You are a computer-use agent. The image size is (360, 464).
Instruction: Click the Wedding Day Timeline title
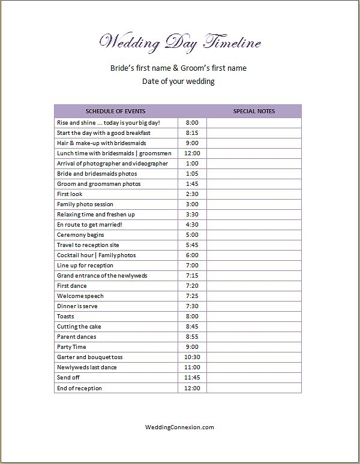[x=180, y=43]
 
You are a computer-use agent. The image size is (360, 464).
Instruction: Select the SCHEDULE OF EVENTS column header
[x=115, y=111]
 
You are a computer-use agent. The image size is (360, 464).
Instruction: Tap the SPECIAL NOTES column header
[x=254, y=111]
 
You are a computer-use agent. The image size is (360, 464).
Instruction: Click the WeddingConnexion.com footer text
[x=180, y=427]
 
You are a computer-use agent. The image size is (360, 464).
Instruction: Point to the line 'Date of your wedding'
[x=178, y=81]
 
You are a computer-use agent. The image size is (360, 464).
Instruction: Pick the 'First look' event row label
[x=70, y=194]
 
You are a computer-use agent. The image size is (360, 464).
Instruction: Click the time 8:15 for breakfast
[x=192, y=132]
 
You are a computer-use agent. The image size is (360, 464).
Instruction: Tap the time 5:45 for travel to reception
[x=192, y=245]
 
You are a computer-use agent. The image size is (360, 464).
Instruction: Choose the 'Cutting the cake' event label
[x=80, y=327]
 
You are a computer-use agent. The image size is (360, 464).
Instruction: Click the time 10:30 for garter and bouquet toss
[x=192, y=357]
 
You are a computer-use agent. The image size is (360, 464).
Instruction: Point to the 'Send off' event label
[x=68, y=378]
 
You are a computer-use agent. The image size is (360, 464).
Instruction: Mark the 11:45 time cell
[x=192, y=378]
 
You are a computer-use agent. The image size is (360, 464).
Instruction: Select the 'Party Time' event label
[x=71, y=347]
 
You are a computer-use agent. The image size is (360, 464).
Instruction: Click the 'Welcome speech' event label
[x=80, y=296]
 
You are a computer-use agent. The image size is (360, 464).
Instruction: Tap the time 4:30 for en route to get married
[x=192, y=225]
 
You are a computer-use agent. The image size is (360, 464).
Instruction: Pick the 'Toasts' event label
[x=65, y=317]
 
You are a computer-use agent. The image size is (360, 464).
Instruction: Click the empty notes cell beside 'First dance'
[x=254, y=286]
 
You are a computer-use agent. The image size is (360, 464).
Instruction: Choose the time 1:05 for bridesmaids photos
[x=192, y=173]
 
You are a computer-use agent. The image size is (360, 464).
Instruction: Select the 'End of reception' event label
[x=79, y=388]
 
